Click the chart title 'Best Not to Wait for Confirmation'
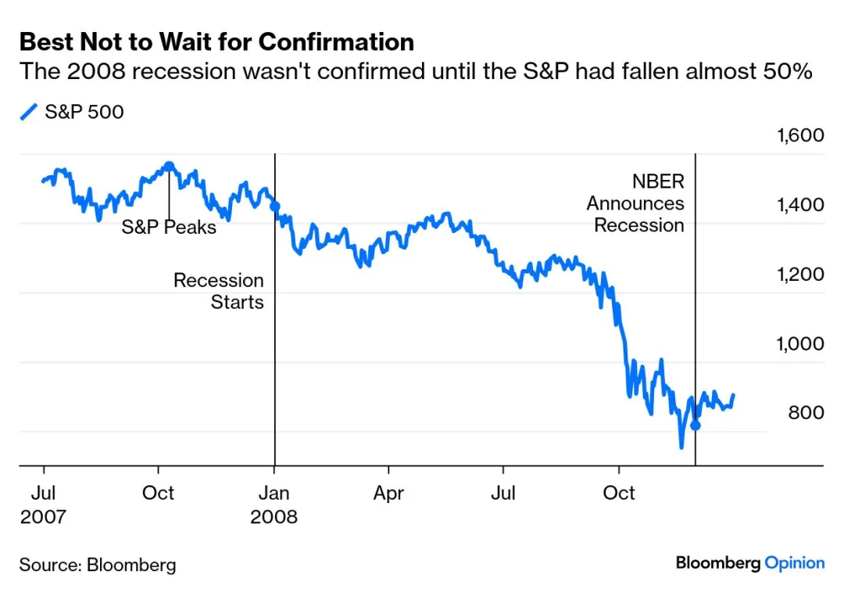tap(216, 41)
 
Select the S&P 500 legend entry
tap(72, 112)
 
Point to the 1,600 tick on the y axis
tap(799, 135)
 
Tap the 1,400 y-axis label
tap(799, 205)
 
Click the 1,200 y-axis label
tap(799, 275)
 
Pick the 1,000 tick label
tap(799, 343)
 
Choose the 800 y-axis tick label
tap(806, 412)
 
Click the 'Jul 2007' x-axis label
tap(43, 505)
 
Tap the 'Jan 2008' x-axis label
tap(274, 505)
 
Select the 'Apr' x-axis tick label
tap(388, 494)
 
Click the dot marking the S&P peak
tap(169, 167)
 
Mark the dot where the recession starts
tap(274, 207)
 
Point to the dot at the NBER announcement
tap(695, 426)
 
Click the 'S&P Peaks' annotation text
tap(169, 228)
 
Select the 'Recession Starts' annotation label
tap(219, 291)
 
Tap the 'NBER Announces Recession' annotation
tap(636, 203)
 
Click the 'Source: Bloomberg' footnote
tap(98, 565)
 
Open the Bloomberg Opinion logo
tap(749, 562)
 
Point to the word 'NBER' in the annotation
tap(658, 181)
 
